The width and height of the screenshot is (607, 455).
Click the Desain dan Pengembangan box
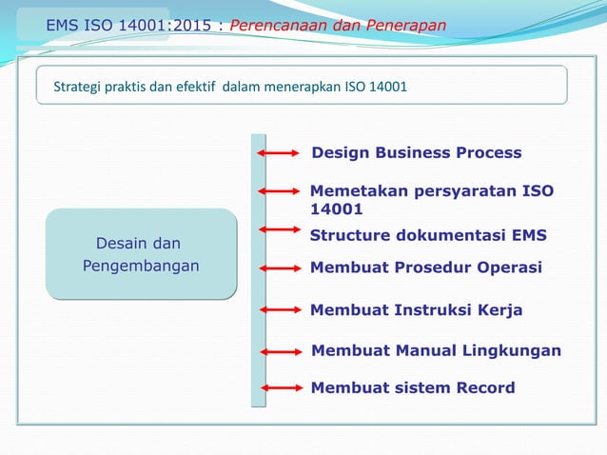(x=141, y=254)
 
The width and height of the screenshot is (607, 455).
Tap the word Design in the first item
(x=341, y=153)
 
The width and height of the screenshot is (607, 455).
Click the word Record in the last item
(x=483, y=387)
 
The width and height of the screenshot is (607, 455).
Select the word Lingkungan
(x=515, y=351)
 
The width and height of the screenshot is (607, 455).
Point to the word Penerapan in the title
(x=408, y=25)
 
